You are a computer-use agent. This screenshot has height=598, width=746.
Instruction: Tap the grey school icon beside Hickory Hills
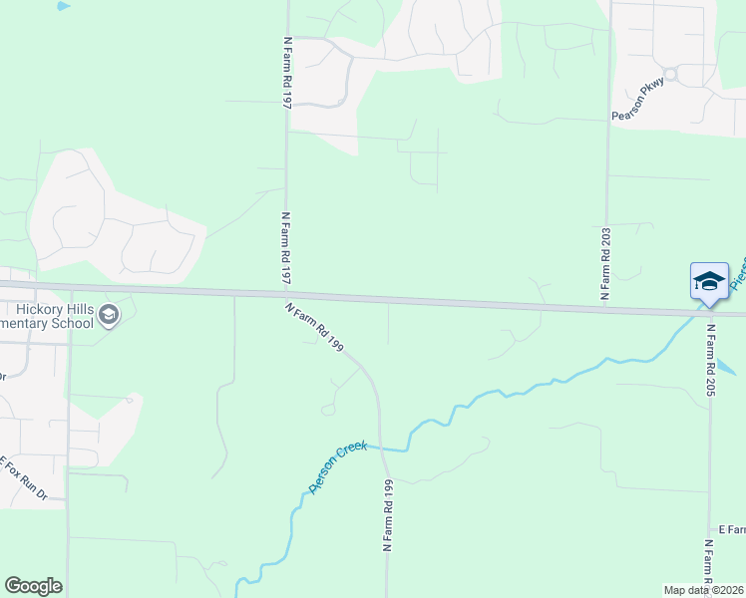(x=109, y=316)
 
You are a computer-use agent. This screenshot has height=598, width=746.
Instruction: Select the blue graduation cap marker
(x=709, y=280)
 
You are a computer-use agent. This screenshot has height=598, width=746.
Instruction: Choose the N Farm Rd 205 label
(x=711, y=360)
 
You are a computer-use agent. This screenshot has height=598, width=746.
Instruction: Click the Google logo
(x=33, y=586)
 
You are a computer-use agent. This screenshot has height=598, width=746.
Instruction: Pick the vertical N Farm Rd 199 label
(x=386, y=515)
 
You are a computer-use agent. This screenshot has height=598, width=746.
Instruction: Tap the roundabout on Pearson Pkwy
(x=671, y=74)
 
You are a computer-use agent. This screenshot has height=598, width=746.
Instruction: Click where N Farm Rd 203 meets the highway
(x=605, y=307)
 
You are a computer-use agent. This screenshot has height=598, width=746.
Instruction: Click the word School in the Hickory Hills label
(x=72, y=322)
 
